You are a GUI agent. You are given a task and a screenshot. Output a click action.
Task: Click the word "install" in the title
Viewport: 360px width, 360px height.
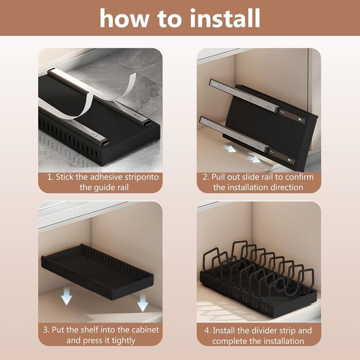[225, 18]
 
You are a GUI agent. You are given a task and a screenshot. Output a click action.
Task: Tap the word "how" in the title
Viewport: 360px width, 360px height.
[124, 18]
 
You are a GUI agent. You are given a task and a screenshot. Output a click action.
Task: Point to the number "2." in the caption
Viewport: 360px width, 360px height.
[206, 177]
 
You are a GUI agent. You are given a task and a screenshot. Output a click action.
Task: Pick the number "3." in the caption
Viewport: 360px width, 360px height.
[46, 330]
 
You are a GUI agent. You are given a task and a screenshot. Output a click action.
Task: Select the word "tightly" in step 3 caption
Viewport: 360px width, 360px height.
[123, 340]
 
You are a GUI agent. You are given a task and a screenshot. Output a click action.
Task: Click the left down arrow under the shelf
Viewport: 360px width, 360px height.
[66, 297]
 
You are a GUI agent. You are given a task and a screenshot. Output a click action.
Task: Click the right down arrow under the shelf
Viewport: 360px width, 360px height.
[142, 302]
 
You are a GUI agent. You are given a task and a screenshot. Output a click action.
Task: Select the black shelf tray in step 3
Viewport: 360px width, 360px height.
[97, 272]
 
